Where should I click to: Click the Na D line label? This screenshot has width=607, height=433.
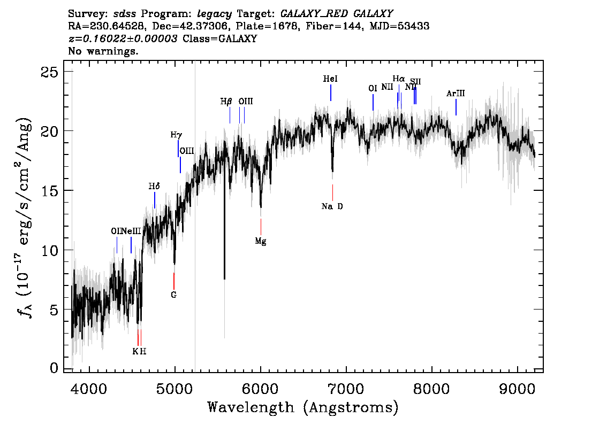[332, 206]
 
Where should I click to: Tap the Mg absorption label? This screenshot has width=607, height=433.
[261, 241]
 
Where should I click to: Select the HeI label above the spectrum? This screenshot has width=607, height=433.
[330, 79]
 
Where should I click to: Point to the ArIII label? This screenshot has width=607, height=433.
[456, 94]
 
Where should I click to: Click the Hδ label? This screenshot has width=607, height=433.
[154, 187]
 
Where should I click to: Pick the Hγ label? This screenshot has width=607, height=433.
[176, 135]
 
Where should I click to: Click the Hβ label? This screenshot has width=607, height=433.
[226, 101]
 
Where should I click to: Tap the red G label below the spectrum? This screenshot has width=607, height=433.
[173, 295]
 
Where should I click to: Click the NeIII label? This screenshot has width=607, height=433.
[131, 231]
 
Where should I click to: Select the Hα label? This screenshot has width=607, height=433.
[399, 79]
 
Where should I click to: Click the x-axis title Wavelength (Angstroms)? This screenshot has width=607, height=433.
[303, 408]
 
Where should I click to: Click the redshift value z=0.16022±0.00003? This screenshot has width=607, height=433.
[123, 39]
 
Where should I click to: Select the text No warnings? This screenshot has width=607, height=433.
[103, 52]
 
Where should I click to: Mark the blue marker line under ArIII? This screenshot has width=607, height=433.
[456, 107]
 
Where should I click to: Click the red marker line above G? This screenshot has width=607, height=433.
[173, 280]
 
